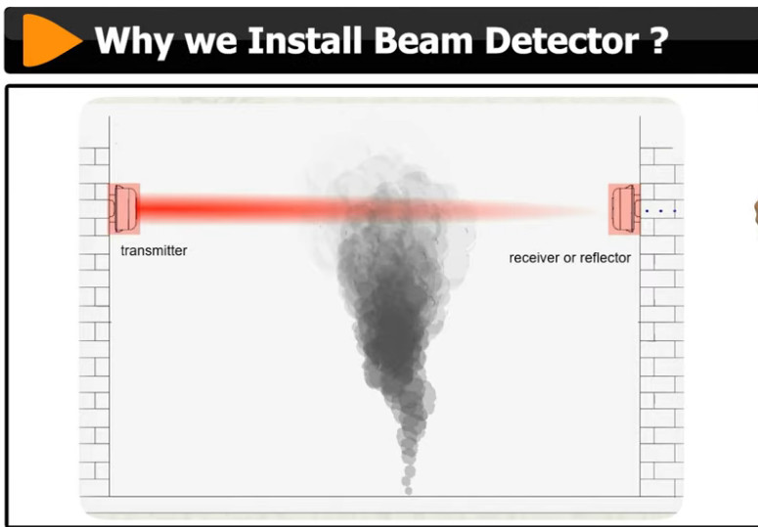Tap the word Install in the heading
(304, 40)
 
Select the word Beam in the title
(423, 40)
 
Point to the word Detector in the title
(561, 40)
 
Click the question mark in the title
(658, 40)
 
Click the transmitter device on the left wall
(124, 209)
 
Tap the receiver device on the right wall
(625, 209)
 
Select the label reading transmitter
(154, 250)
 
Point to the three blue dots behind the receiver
(661, 211)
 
